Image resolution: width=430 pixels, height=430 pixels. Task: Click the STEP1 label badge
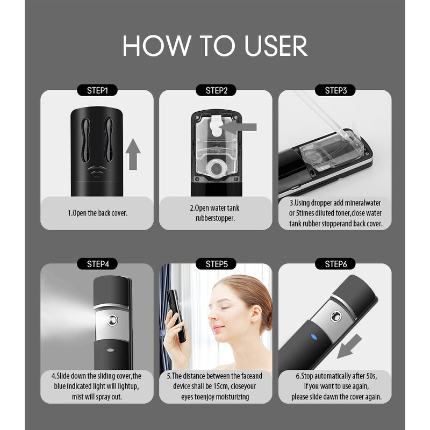pos(97,90)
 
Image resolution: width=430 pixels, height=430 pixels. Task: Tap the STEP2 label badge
pos(217,90)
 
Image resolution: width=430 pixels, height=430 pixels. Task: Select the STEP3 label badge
pos(335,90)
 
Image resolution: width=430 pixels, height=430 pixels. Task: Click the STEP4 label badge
pos(97,264)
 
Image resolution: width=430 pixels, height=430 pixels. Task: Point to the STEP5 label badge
pos(217,264)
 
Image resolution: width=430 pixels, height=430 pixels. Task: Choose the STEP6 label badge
pos(335,264)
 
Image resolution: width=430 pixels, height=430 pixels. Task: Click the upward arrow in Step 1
pos(134,154)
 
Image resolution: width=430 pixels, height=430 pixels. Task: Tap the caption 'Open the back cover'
pos(97,213)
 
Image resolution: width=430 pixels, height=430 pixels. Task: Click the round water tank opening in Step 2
pos(216,167)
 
